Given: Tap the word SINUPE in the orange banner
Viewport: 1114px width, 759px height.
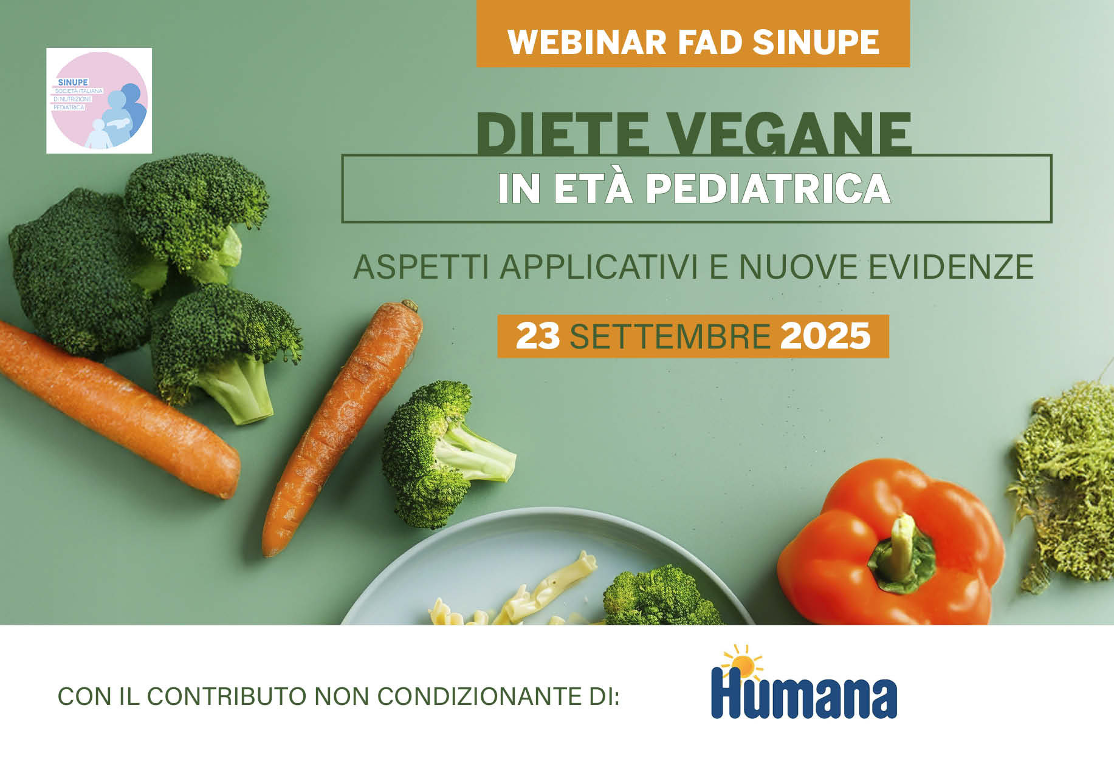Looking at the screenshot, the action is tap(816, 42).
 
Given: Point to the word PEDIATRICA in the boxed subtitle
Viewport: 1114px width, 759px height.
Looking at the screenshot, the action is tap(768, 188).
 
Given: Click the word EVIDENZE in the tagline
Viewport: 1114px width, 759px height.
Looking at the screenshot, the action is tap(951, 267).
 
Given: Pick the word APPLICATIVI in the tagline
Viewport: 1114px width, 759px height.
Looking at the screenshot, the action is tap(599, 267).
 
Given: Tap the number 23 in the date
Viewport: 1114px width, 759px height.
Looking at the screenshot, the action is tap(538, 336).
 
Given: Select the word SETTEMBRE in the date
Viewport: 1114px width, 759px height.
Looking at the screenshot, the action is tap(670, 336).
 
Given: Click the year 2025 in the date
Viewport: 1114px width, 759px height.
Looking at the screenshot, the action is tap(825, 336).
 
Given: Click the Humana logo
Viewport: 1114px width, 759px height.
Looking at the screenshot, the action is tap(803, 682).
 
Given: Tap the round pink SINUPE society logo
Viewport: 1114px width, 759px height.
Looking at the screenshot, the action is tap(99, 101).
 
